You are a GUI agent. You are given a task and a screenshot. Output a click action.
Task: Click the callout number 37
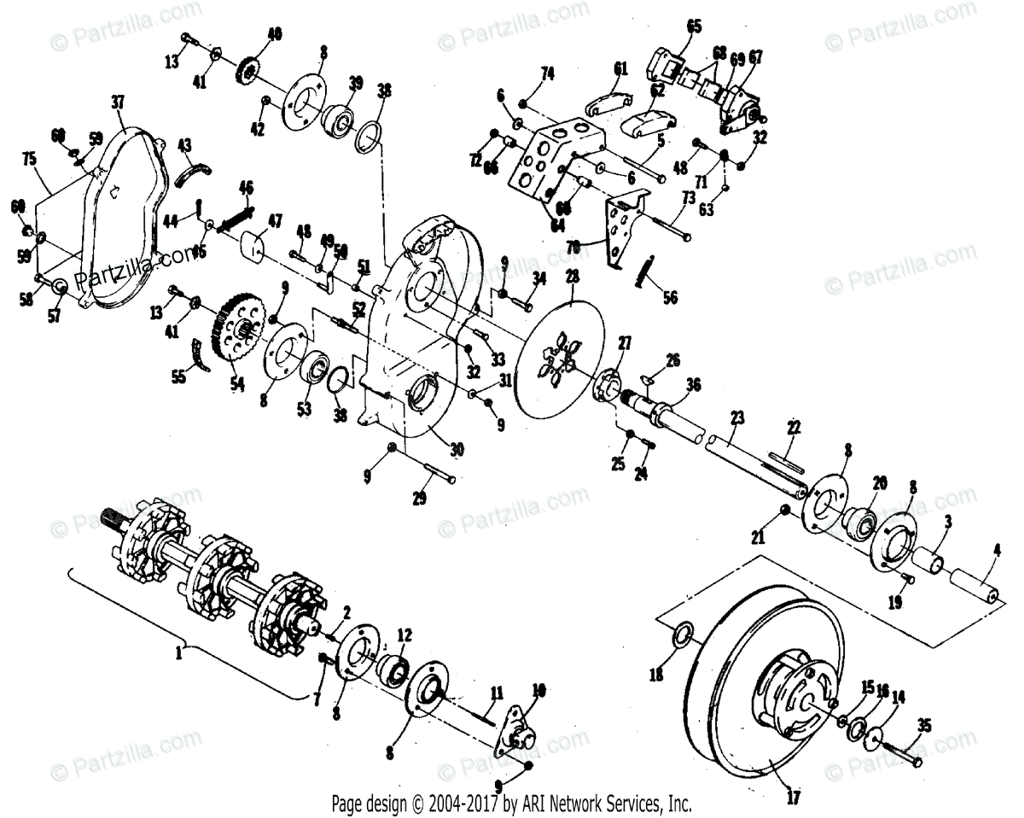(118, 102)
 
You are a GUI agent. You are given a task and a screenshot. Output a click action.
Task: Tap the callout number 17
(793, 800)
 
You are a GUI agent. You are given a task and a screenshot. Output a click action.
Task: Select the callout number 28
(571, 277)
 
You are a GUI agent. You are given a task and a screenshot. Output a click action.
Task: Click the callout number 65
(693, 26)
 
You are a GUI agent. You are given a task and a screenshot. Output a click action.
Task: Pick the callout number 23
(737, 418)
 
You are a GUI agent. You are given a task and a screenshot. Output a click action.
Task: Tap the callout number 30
(457, 447)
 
